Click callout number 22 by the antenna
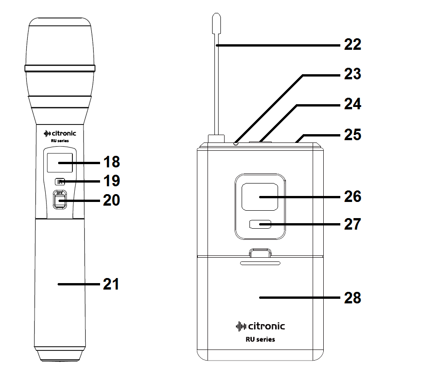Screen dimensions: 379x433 (x=352, y=45)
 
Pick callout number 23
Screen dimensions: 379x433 (x=352, y=74)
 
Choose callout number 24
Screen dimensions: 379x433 (x=352, y=105)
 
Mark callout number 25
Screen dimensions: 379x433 (x=352, y=135)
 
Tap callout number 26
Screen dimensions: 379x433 (x=352, y=197)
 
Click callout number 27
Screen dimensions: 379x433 (x=352, y=225)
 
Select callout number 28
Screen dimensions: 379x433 (x=352, y=298)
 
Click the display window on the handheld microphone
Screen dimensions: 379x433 (x=60, y=163)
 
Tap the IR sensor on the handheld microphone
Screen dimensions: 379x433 (x=59, y=182)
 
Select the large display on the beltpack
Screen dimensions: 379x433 (x=260, y=197)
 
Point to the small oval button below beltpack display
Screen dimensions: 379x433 (x=260, y=225)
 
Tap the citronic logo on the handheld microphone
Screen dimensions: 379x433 (x=59, y=134)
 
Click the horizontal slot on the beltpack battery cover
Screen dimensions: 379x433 (x=260, y=264)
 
